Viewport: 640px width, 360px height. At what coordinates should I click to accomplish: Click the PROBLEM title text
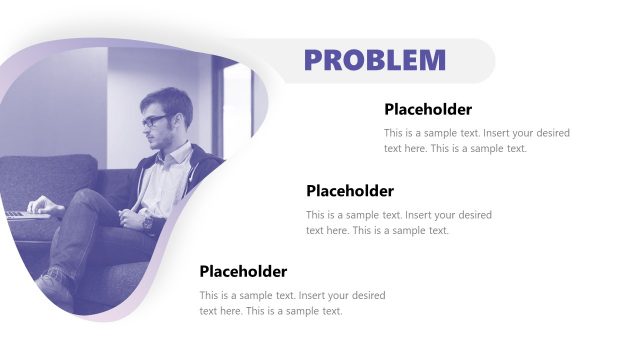click(x=375, y=60)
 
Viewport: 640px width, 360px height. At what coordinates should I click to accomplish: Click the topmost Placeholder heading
click(x=427, y=110)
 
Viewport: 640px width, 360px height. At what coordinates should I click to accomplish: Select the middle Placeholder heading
click(x=349, y=191)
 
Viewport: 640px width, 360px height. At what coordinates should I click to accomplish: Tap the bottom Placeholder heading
click(x=243, y=271)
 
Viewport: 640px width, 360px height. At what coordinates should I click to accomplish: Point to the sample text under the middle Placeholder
click(x=398, y=222)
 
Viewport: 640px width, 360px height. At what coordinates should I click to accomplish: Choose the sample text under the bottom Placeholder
click(x=292, y=303)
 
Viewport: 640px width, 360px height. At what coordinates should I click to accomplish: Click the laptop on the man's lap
click(x=25, y=213)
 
